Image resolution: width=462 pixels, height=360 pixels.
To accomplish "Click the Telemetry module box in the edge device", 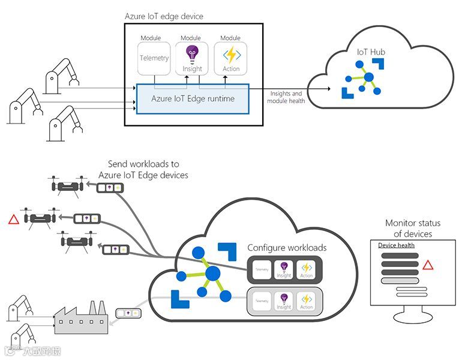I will [x=154, y=58].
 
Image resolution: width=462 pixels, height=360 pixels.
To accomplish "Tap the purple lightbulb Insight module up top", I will [x=192, y=58].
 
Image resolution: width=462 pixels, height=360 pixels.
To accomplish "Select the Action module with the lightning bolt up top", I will [x=230, y=58].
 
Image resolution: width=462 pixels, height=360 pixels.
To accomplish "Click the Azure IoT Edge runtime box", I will [x=192, y=98].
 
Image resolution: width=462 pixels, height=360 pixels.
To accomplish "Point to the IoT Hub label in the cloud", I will [x=371, y=52].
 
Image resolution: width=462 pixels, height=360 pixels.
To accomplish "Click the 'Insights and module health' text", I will [x=287, y=97].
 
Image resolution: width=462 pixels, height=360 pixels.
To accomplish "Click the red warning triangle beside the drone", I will [x=13, y=219].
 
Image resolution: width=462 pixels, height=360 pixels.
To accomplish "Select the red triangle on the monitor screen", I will [x=427, y=265].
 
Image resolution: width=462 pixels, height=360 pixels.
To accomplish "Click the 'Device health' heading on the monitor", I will [x=396, y=245].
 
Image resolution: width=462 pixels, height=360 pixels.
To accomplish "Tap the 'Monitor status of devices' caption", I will [x=412, y=229].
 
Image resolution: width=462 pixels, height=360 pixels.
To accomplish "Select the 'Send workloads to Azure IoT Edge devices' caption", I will [x=143, y=169].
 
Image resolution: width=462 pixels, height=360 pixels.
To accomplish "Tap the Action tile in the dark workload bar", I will [x=306, y=269].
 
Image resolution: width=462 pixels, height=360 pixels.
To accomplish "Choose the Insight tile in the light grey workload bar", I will [x=284, y=299].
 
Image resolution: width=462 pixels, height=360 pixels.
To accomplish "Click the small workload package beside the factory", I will [x=128, y=313].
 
